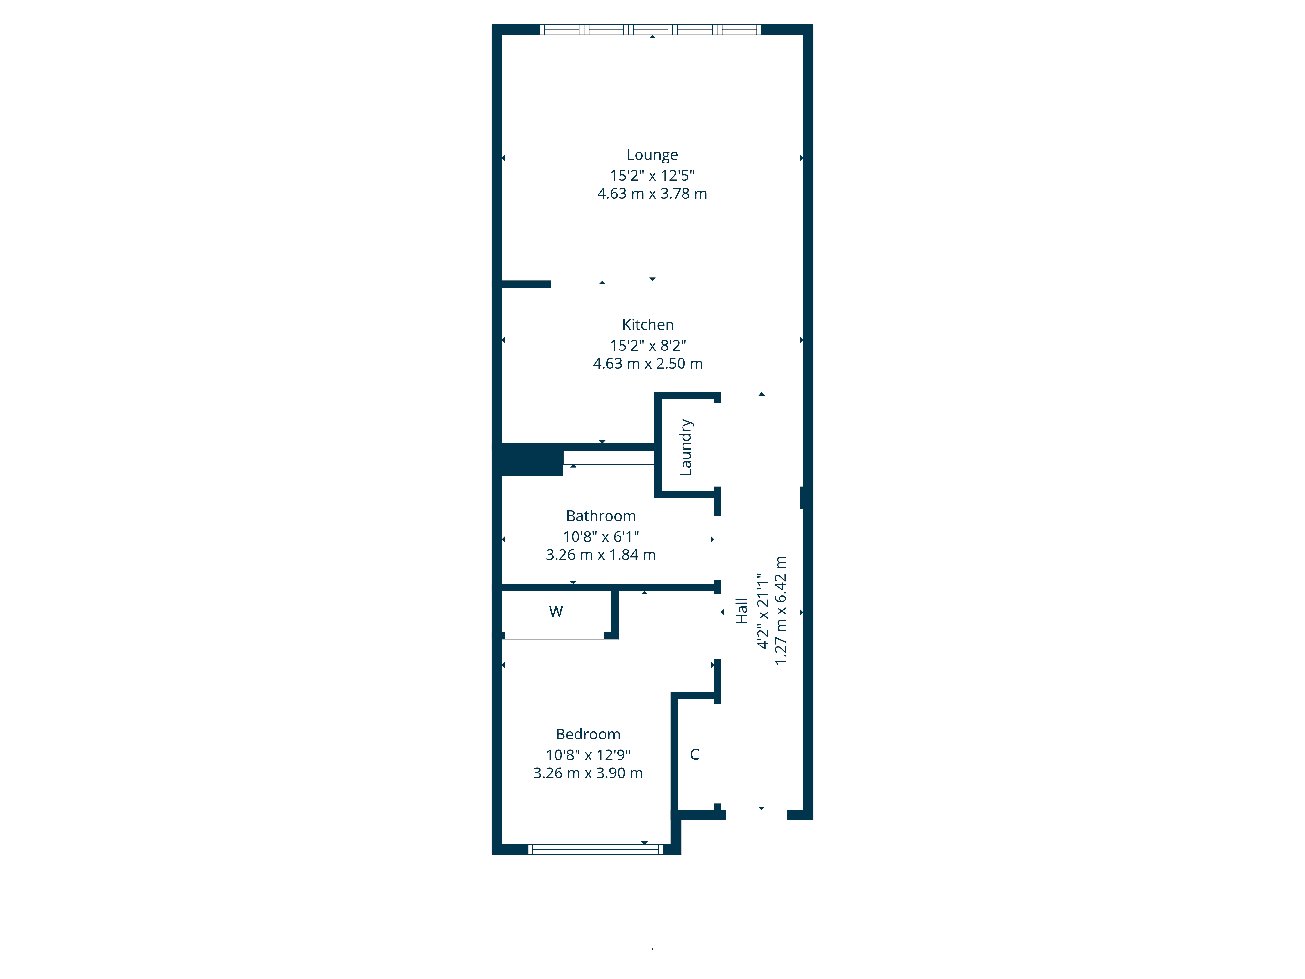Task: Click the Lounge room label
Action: [x=652, y=155]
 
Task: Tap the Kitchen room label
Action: [x=648, y=325]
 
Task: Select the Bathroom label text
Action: [x=601, y=516]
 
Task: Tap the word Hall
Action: [x=742, y=611]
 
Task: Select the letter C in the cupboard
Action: [x=694, y=754]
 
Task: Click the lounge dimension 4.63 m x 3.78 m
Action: [x=652, y=194]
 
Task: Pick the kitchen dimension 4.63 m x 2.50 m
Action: [x=648, y=364]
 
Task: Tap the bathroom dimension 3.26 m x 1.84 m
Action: [x=601, y=555]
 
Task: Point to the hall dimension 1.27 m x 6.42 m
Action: [x=780, y=611]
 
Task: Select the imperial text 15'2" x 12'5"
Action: [x=652, y=175]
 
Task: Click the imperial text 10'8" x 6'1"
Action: [x=601, y=536]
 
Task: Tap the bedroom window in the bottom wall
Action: [x=595, y=850]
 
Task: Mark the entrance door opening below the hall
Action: [x=756, y=814]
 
